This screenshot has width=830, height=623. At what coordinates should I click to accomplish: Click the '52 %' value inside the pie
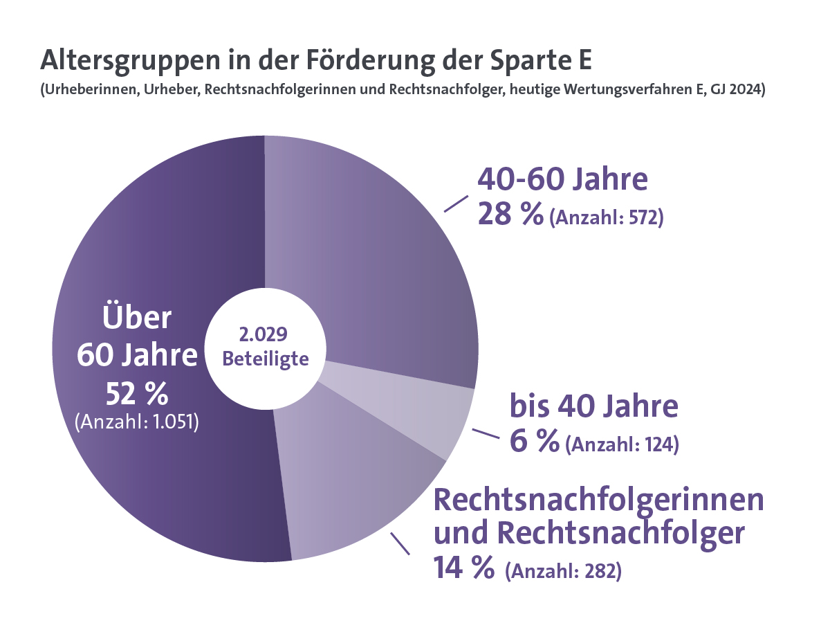tap(137, 395)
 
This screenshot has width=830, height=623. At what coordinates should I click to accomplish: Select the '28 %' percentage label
tap(510, 215)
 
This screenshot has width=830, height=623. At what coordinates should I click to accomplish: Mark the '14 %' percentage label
tap(463, 568)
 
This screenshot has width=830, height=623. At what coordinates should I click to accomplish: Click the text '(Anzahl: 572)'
tap(606, 218)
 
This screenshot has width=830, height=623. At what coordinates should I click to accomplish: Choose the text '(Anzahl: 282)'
tap(563, 572)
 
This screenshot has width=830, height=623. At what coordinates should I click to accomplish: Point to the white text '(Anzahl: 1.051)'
tap(137, 422)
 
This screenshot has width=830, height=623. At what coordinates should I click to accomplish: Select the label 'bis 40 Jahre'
tap(594, 407)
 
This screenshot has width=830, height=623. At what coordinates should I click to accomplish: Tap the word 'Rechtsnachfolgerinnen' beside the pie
tap(599, 500)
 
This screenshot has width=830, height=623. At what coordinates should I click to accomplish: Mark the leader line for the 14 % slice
tap(400, 543)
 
